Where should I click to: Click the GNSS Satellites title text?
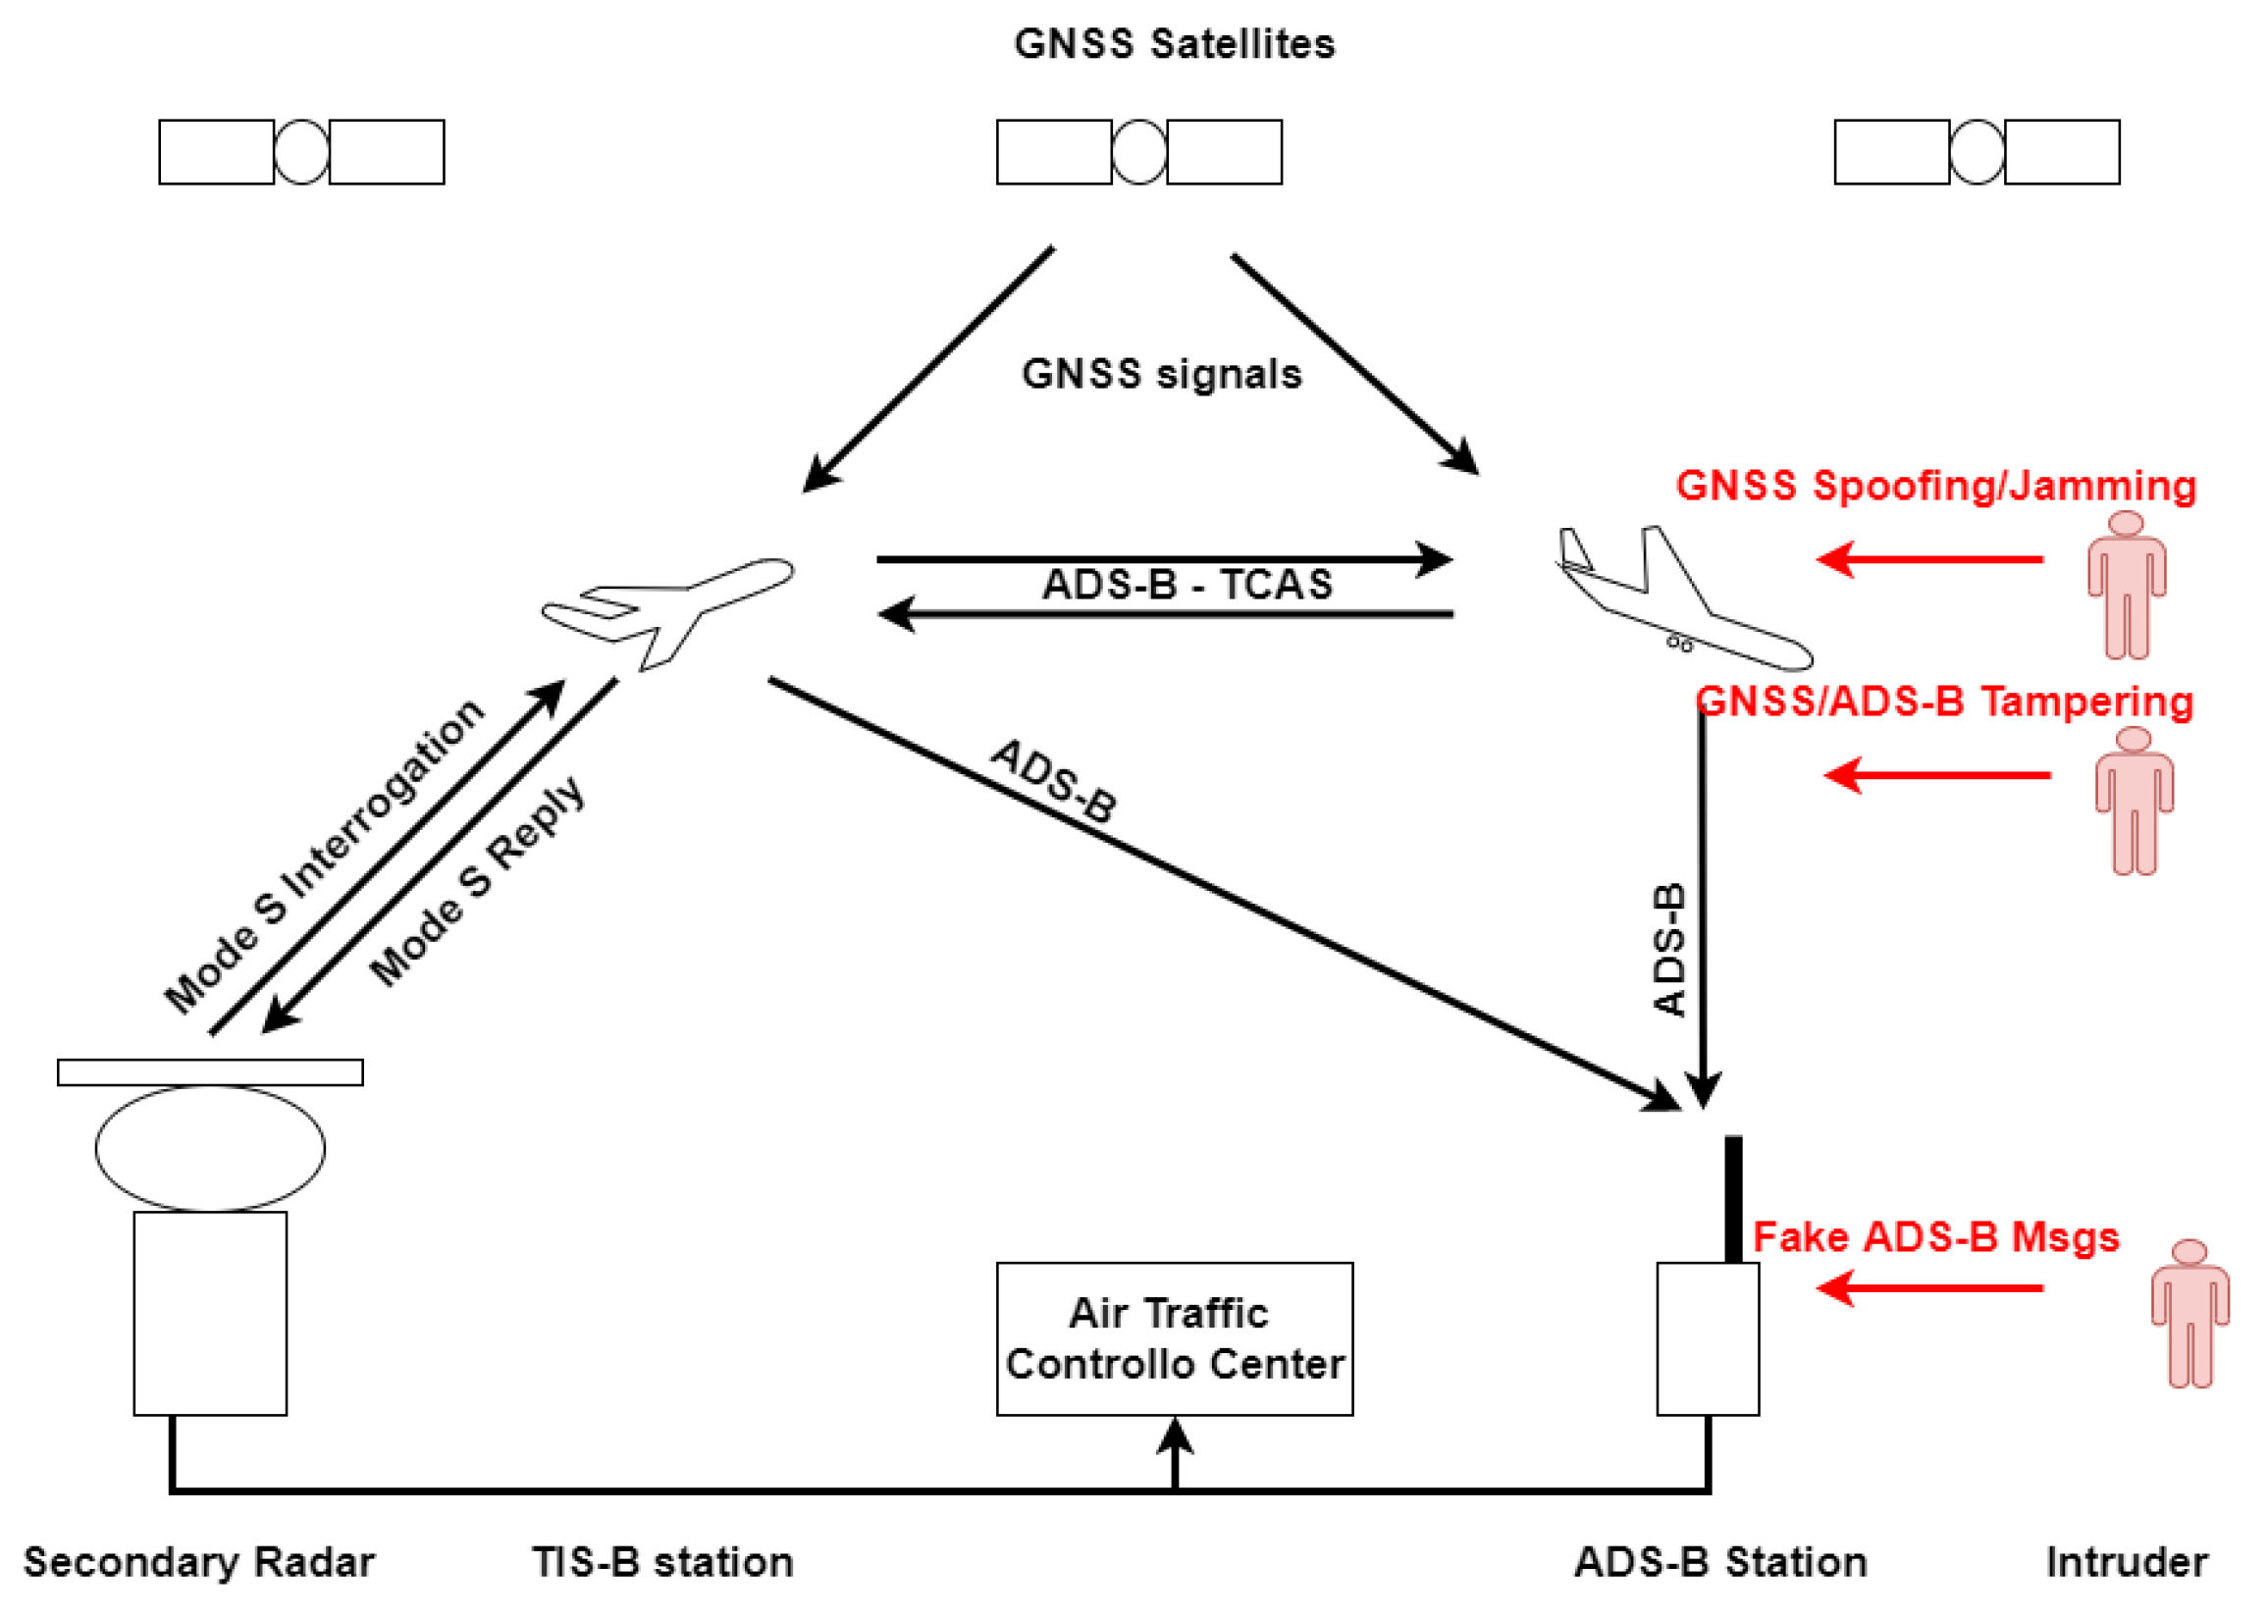1173,44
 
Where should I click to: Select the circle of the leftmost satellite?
301,152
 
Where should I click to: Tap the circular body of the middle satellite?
1138,152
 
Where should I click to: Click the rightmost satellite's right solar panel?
2061,152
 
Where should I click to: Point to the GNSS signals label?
1161,374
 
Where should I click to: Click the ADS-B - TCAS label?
1186,585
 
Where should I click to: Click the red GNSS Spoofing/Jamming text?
1934,485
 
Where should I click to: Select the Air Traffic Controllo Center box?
1174,1338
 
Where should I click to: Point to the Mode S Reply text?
476,881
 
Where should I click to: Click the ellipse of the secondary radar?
209,1148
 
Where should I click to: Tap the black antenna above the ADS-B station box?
1733,1199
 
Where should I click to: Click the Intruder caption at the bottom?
2126,1561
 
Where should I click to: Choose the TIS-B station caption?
661,1561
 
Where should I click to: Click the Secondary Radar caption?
198,1561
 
